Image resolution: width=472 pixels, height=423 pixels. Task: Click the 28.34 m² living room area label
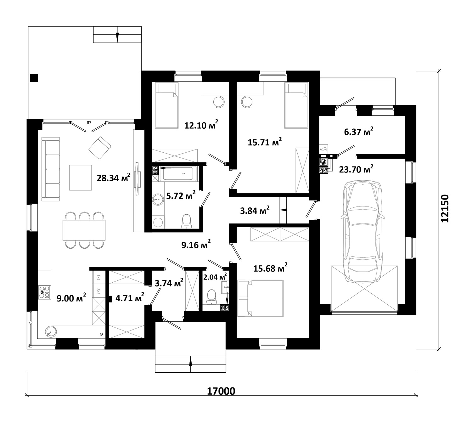pos(114,178)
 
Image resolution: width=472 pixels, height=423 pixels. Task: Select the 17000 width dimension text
pos(221,391)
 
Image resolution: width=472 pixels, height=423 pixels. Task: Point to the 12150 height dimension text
pos(445,208)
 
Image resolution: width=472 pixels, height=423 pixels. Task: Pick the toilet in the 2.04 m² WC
pos(211,297)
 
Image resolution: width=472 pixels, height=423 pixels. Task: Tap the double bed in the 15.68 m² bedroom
pos(260,298)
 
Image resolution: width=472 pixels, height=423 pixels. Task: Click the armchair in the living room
pos(100,148)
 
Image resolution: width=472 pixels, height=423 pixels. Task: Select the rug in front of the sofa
pos(80,178)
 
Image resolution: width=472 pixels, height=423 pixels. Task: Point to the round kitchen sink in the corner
pos(51,331)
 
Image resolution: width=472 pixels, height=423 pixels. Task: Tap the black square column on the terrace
pos(34,78)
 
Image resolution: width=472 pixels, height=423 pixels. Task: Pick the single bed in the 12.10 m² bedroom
pos(166,105)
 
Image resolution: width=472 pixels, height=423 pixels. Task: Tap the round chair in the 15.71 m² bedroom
pos(247,102)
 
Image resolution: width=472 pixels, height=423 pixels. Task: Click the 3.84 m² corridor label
pos(255,210)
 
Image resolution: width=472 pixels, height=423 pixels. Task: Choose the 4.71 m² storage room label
pos(130,298)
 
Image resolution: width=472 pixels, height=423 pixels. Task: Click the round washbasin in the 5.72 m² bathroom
pos(158,200)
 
